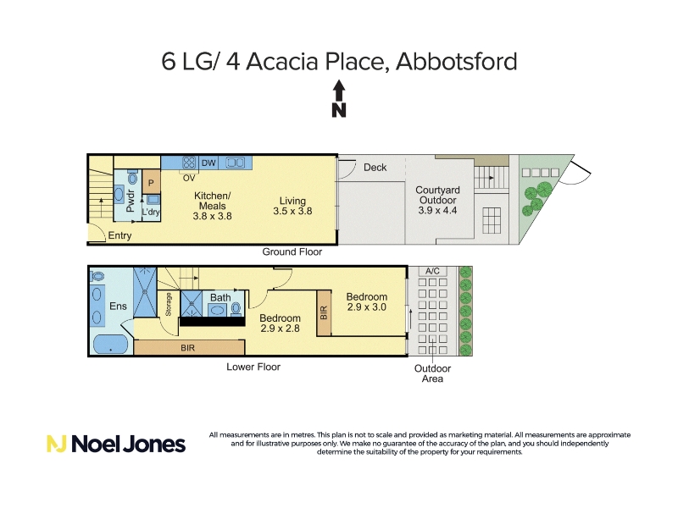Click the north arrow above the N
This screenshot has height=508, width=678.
point(339,91)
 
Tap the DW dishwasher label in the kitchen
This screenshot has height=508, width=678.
point(208,163)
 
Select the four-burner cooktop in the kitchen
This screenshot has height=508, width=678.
point(189,163)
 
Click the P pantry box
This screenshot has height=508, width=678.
point(152,182)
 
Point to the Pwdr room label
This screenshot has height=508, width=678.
point(131,201)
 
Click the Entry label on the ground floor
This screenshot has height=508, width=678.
point(119,235)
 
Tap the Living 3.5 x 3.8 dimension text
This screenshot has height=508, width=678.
point(292,211)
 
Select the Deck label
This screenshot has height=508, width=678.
point(375,167)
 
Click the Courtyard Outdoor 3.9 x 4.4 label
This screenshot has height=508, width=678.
point(437,200)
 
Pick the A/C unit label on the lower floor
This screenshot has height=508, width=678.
point(432,271)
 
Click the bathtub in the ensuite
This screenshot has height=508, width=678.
point(110,345)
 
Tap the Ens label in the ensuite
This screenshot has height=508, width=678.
point(118,306)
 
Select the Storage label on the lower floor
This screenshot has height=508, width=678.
point(169,304)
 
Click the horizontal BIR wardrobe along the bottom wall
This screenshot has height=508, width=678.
point(189,347)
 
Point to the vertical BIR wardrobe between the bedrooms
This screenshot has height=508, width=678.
point(324,312)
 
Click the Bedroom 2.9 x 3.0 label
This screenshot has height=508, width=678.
point(367,302)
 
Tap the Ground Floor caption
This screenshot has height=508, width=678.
point(292,251)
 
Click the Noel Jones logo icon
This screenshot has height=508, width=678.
point(56,444)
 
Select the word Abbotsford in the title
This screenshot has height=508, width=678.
point(456,61)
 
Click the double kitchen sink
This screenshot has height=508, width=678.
point(236,163)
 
